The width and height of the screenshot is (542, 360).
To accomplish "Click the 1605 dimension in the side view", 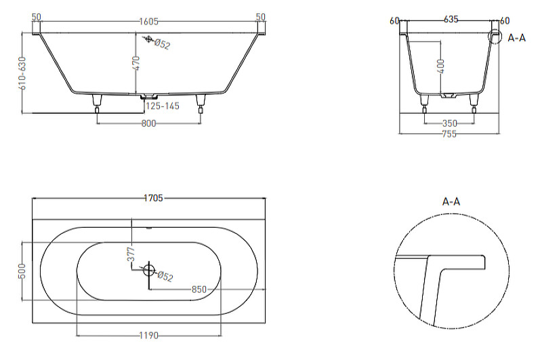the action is point(148,22).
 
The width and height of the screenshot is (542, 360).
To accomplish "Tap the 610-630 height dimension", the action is point(22,73).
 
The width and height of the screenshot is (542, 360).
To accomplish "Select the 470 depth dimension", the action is point(136,63).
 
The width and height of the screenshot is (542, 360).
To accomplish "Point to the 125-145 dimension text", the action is point(163,106).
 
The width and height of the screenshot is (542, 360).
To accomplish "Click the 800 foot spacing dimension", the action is point(148,123).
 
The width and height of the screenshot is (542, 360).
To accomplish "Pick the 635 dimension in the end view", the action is point(451,20).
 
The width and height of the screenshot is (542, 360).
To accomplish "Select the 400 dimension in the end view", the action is point(440,66).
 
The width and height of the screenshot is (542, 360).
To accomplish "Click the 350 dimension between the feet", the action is point(449,123).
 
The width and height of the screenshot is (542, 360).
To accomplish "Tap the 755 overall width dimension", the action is point(449,134).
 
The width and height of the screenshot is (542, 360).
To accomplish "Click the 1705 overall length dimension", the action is point(153,198).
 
